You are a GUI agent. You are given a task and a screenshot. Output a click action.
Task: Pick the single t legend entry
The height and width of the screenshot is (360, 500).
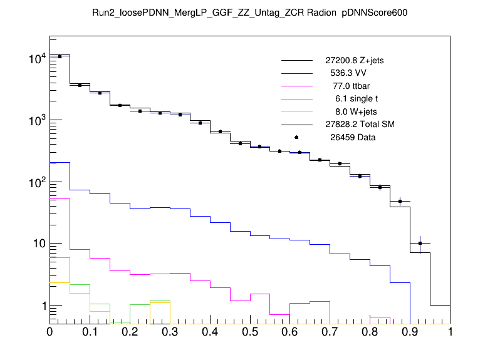pos(355,99)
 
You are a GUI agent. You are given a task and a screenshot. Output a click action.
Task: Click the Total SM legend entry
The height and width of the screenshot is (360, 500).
pos(360,125)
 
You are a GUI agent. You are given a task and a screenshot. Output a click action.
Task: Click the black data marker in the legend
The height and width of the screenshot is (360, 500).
pos(296,137)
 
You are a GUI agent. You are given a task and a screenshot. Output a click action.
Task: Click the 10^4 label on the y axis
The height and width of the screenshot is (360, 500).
pos(36,59)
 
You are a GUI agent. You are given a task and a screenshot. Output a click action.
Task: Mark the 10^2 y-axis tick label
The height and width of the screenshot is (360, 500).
pos(36,183)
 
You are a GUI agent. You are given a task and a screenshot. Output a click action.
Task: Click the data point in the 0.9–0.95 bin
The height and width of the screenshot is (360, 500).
pos(420,243)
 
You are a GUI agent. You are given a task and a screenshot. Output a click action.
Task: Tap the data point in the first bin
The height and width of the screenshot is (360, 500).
pos(60,56)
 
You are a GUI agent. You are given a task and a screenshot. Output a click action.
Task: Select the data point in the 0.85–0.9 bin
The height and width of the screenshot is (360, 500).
pos(400,202)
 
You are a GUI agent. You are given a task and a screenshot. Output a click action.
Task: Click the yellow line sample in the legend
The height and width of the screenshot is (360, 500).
pos(296,111)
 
